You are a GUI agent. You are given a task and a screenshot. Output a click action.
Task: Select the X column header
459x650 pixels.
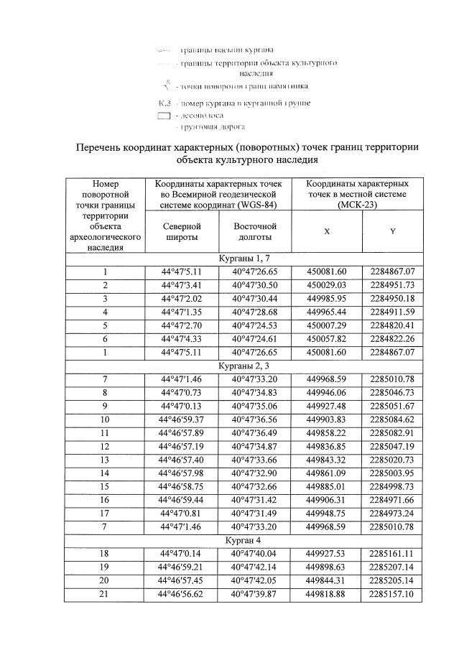pyautogui.click(x=327, y=232)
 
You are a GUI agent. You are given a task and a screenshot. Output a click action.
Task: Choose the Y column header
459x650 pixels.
pyautogui.click(x=392, y=232)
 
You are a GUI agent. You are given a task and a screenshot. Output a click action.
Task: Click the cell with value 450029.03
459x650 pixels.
pyautogui.click(x=327, y=284)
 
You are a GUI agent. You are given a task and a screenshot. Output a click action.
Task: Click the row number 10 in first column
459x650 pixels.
pyautogui.click(x=105, y=419)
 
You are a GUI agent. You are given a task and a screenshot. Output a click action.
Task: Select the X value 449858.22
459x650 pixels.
pyautogui.click(x=327, y=433)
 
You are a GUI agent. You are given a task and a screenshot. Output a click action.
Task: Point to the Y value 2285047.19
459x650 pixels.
pyautogui.click(x=392, y=446)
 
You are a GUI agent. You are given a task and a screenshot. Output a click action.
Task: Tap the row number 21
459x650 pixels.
pyautogui.click(x=105, y=594)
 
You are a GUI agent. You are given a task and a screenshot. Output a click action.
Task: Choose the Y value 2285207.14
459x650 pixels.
pyautogui.click(x=392, y=567)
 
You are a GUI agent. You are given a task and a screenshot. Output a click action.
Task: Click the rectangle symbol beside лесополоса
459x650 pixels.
pyautogui.click(x=163, y=116)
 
